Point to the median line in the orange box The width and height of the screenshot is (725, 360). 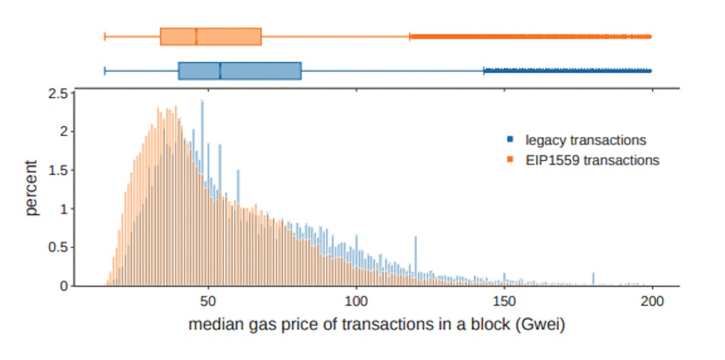point(196,37)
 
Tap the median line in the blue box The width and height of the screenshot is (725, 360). point(220,71)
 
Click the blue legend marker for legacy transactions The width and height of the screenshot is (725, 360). point(511,140)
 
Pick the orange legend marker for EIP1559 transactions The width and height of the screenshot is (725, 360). point(511,161)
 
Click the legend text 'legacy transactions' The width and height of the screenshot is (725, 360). point(585,140)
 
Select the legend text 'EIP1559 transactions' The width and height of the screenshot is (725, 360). point(592,161)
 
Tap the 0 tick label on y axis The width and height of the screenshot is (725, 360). point(63,286)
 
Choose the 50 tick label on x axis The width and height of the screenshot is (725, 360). point(208,300)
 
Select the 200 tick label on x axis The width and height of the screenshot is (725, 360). point(652,300)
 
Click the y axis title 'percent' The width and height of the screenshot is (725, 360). point(31,188)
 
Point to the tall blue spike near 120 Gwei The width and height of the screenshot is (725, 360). point(415,254)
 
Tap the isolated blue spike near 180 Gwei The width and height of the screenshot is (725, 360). point(593,278)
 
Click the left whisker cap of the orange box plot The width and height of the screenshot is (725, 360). point(105,37)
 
